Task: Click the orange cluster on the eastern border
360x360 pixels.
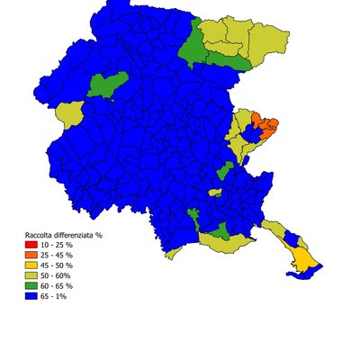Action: click(x=266, y=123)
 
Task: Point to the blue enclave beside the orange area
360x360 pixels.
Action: click(x=254, y=133)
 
